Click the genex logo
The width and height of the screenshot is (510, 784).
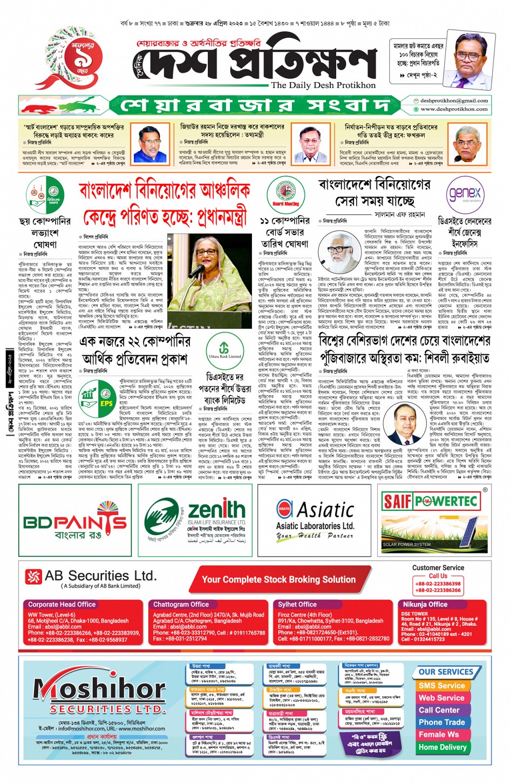pyautogui.click(x=464, y=193)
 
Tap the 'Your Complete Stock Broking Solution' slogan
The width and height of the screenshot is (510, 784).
pyautogui.click(x=278, y=580)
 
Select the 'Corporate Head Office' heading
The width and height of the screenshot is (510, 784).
pyautogui.click(x=62, y=605)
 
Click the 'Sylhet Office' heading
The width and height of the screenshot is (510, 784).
pyautogui.click(x=297, y=605)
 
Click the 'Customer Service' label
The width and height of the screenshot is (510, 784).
pyautogui.click(x=438, y=568)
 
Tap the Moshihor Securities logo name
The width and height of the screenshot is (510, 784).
pyautogui.click(x=100, y=690)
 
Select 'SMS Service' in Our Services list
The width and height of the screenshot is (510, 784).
pyautogui.click(x=441, y=686)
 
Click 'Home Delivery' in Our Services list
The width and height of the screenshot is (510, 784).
pyautogui.click(x=443, y=747)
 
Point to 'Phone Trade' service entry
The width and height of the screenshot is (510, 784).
pyautogui.click(x=441, y=722)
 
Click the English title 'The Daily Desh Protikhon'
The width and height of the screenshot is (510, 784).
pyautogui.click(x=323, y=85)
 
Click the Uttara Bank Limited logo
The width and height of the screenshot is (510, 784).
pyautogui.click(x=225, y=348)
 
